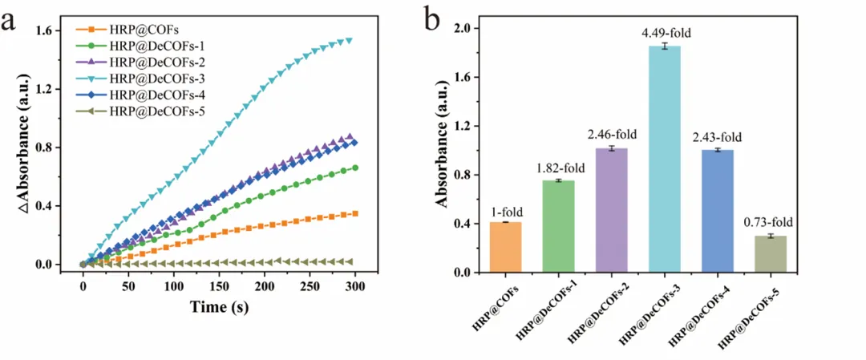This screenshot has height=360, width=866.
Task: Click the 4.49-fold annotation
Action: (x=665, y=33)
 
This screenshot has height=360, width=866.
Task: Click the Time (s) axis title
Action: (x=218, y=307)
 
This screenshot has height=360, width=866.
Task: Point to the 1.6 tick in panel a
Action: (x=51, y=30)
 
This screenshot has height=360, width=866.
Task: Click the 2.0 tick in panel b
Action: (x=461, y=28)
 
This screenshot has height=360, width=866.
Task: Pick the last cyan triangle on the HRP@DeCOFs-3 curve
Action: (x=349, y=40)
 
